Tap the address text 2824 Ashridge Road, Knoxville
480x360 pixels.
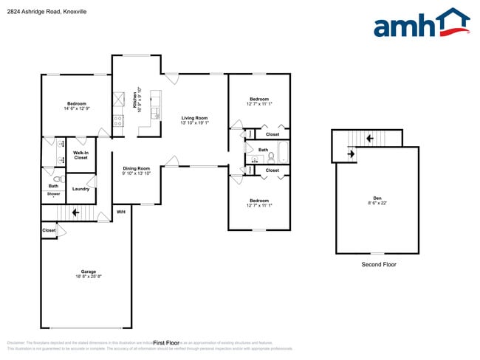[43, 11]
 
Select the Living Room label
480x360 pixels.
[195, 118]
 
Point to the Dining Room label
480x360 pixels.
[137, 168]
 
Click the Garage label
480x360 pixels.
[88, 271]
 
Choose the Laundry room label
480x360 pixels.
[81, 189]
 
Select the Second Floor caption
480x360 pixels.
[378, 264]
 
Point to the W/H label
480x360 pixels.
[121, 212]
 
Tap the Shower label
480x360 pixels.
[53, 194]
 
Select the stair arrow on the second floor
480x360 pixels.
[351, 154]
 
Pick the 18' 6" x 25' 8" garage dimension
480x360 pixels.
[88, 277]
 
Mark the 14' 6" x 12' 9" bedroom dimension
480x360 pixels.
[77, 108]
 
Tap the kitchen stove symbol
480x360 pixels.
[118, 122]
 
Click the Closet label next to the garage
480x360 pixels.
[49, 231]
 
